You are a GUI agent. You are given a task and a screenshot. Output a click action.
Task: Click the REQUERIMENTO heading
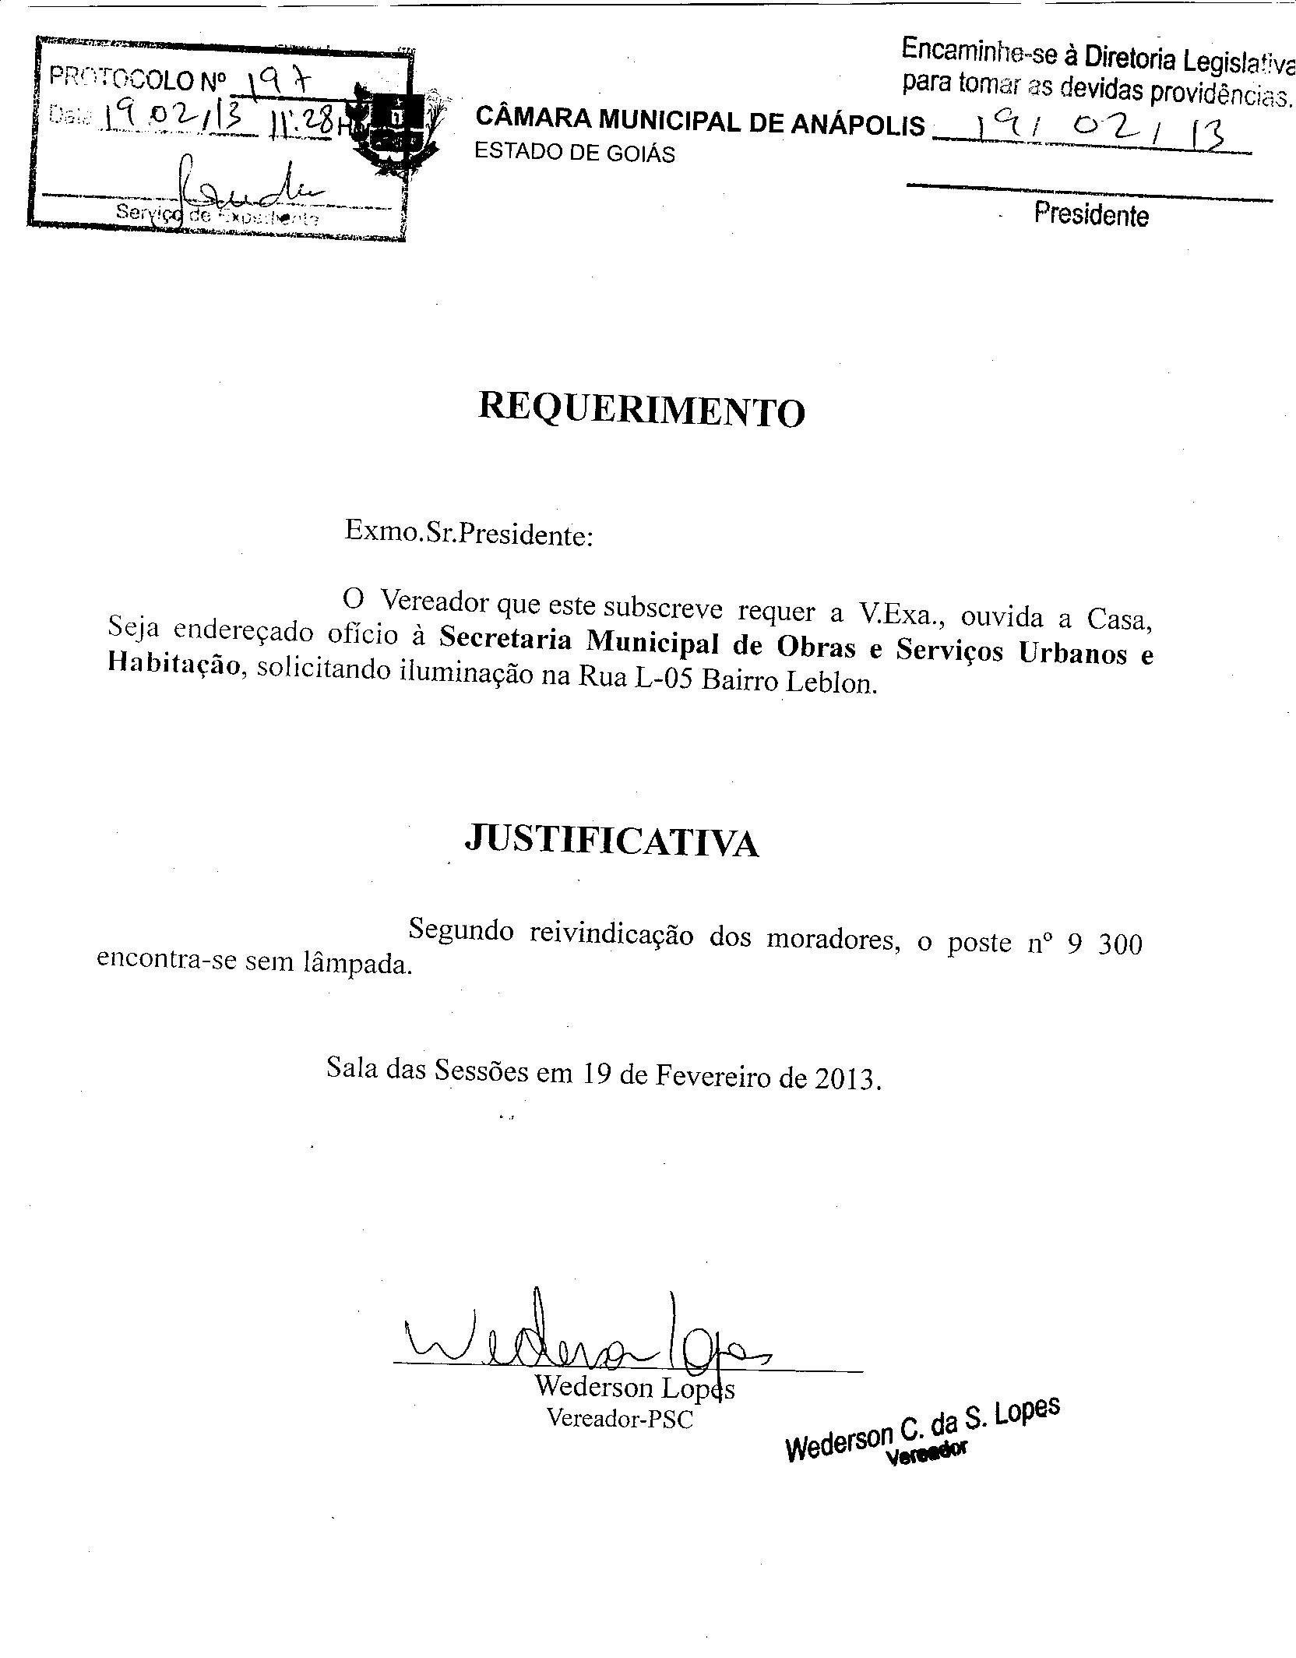pos(641,411)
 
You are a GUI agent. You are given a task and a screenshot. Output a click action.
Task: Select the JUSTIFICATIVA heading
pos(611,841)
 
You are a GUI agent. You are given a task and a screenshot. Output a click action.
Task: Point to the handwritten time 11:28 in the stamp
pos(303,123)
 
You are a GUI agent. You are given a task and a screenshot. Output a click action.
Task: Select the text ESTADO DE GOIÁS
pos(575,153)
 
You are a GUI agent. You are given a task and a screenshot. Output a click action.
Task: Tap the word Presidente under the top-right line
pos(1091,214)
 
